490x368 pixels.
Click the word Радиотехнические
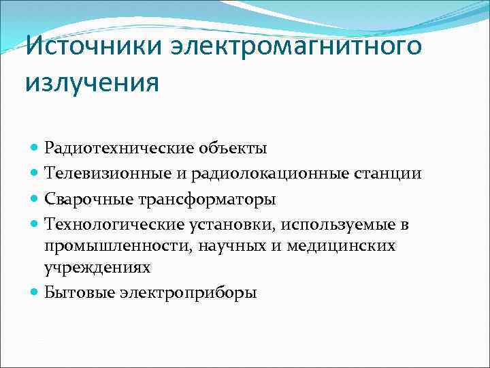click(120, 148)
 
